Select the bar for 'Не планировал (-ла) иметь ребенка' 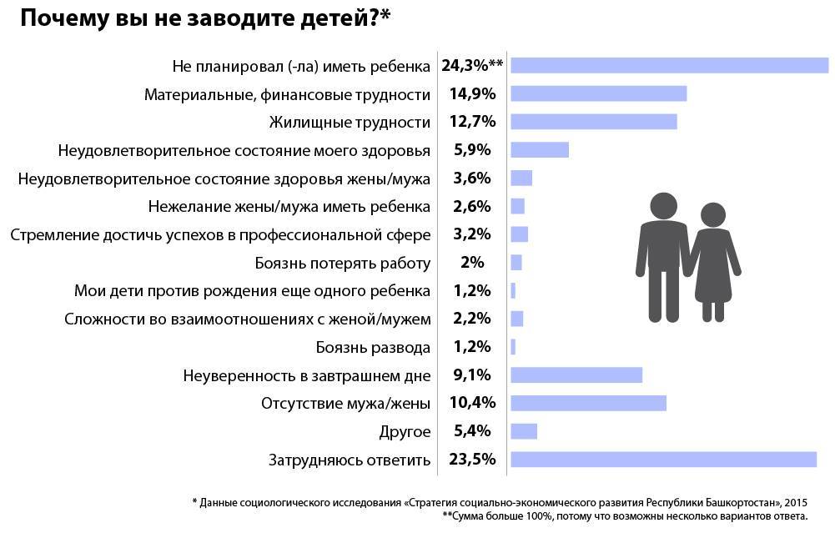coord(669,66)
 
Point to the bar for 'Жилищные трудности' coord(593,122)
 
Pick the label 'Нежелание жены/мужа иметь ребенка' coord(289,206)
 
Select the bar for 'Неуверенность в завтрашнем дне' coord(576,375)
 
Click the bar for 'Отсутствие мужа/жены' coord(588,404)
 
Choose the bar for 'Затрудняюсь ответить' coord(663,460)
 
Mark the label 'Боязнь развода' coord(373,347)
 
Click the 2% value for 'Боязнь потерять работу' coord(471,263)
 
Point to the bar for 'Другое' coord(524,431)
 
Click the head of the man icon coord(664,205)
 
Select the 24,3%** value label coord(471,66)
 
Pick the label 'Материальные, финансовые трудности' coord(287,94)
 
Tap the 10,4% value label coord(473,404)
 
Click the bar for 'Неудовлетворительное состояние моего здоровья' coord(539,150)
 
